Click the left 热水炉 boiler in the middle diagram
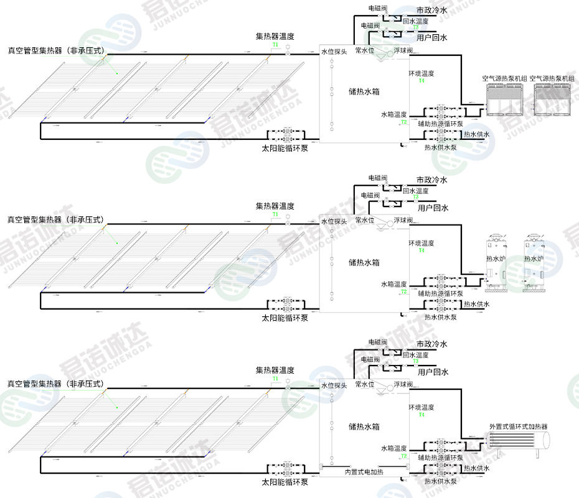click(496, 264)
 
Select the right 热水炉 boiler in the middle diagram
click(534, 264)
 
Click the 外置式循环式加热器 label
click(518, 427)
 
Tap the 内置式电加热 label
click(364, 472)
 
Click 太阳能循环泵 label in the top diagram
click(285, 148)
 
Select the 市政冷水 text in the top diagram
click(431, 10)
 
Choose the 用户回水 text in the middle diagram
click(433, 208)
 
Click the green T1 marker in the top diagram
click(275, 45)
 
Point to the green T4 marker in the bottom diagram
click(421, 414)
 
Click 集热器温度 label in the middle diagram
click(275, 206)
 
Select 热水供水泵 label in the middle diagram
click(440, 317)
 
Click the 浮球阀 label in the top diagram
click(403, 50)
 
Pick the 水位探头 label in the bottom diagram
click(334, 385)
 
